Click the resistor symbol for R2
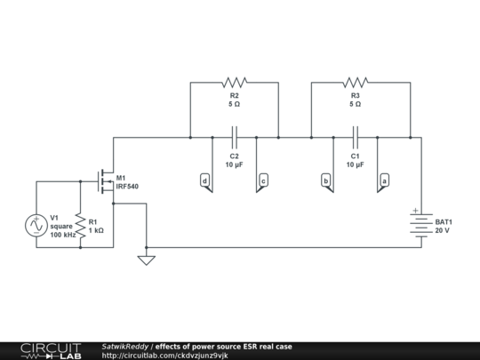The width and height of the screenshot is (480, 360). point(235,82)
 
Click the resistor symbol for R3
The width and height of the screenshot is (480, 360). point(356,82)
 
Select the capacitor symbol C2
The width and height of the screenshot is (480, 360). point(235,137)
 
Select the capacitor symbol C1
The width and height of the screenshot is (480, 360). point(356,137)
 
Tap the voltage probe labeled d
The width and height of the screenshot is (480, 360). point(205,180)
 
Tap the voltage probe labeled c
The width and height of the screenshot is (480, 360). point(263,180)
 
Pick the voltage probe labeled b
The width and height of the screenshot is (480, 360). point(326,180)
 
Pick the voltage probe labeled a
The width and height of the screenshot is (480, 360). point(384,180)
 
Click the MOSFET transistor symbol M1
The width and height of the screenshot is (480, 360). point(105,181)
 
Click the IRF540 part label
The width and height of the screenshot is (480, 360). point(127,187)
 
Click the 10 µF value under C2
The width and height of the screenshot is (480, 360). point(235,165)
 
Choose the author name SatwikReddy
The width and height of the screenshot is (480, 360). point(125,346)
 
